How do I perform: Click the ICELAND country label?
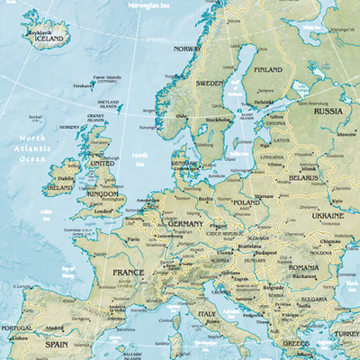tap(49, 40)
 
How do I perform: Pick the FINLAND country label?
tap(268, 69)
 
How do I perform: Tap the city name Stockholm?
tap(219, 119)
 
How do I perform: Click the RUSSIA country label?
tap(328, 111)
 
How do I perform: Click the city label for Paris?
tap(134, 239)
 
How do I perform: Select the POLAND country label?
tap(246, 203)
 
